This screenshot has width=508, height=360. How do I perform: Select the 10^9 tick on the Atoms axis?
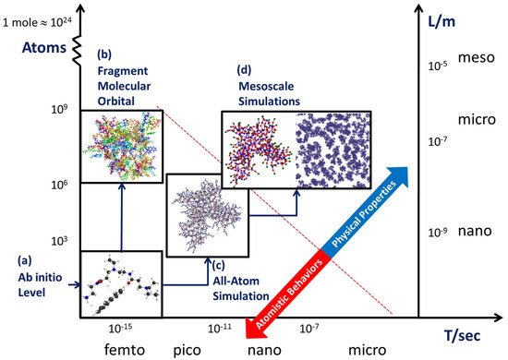click(x=63, y=109)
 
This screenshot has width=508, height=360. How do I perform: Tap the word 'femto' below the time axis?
click(x=103, y=350)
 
